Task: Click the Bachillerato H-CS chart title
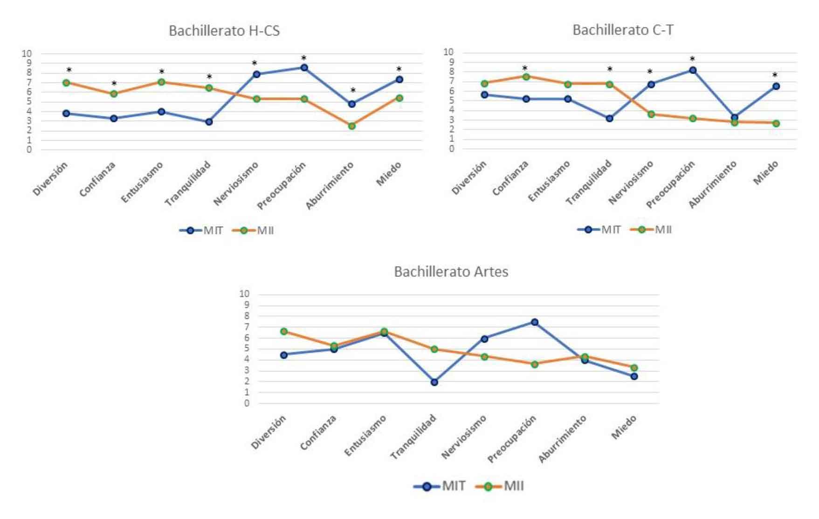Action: point(224,31)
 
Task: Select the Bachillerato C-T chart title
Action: point(623,30)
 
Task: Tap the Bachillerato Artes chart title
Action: point(451,271)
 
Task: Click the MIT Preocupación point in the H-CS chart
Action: point(304,67)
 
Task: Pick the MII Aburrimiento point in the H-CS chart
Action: point(351,126)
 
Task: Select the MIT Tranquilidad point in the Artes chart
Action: point(434,382)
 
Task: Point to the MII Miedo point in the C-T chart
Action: point(776,123)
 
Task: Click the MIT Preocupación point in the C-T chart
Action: point(693,70)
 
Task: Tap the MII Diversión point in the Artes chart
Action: point(283,331)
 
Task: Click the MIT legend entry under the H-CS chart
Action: point(202,230)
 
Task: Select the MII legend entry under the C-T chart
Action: point(651,229)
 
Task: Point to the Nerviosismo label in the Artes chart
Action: point(464,437)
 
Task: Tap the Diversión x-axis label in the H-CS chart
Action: point(50,179)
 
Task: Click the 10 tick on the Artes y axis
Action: point(244,294)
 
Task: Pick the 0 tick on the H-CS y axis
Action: point(29,150)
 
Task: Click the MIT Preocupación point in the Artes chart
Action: point(534,322)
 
